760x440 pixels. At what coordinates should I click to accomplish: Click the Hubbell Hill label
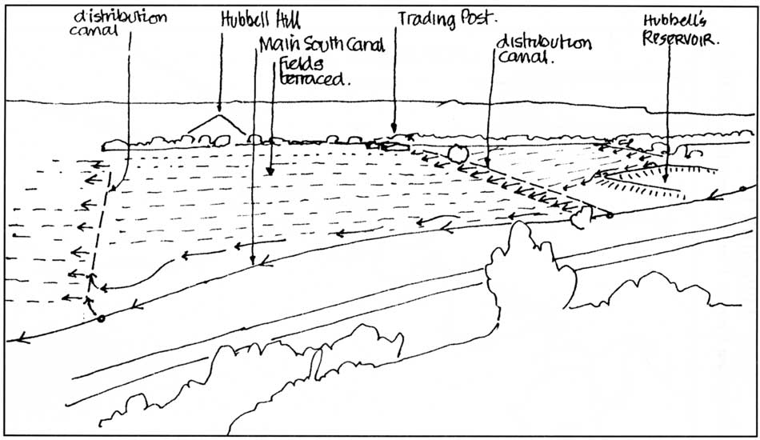pos(261,20)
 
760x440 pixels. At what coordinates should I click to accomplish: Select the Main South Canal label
pos(322,45)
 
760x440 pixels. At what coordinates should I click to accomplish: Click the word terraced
pos(314,78)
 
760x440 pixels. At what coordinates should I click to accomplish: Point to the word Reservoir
pos(681,38)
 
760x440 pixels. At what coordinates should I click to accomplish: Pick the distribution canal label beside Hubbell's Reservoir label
pos(543,49)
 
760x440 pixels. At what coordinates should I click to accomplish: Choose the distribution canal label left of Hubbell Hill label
pos(118,22)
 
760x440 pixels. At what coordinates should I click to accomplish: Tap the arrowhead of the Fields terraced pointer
pos(270,171)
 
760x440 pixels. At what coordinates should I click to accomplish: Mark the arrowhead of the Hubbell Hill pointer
pos(219,110)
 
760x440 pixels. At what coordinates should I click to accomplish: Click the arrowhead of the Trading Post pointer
pos(394,129)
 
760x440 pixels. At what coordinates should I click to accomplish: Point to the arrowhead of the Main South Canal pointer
pos(253,261)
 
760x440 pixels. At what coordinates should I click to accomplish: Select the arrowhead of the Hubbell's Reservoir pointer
pos(666,179)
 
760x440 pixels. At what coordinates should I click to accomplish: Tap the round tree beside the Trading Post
pos(458,154)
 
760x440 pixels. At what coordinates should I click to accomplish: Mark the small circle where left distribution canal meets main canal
pos(101,319)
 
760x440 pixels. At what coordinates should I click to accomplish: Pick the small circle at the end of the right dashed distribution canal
pos(610,214)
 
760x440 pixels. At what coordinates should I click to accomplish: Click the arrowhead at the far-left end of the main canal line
pos(19,338)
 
